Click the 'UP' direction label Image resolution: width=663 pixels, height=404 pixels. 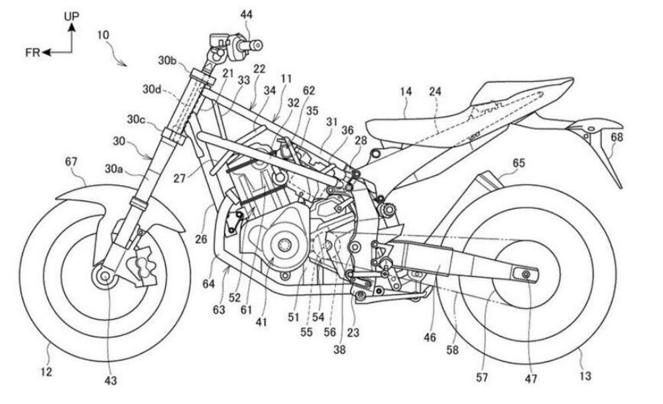[x=72, y=17]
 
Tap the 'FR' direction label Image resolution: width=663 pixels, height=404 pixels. [x=32, y=53]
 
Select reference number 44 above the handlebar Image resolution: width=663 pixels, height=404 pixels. [x=247, y=15]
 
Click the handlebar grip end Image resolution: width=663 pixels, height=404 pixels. [x=256, y=45]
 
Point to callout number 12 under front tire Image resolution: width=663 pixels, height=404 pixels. [x=46, y=372]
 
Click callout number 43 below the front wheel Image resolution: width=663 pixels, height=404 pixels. [x=110, y=381]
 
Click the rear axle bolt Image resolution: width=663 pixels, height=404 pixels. [x=526, y=275]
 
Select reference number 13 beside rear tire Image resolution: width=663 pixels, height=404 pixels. [x=585, y=375]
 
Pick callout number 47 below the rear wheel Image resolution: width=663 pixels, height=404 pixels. [x=530, y=378]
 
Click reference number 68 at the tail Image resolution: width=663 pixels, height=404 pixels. [x=617, y=137]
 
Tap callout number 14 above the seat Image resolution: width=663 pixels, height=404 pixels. [x=406, y=92]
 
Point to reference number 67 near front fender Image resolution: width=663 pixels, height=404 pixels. [x=72, y=162]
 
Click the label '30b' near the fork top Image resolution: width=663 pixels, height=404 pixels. [x=167, y=61]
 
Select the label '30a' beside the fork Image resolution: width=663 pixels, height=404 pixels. [x=114, y=168]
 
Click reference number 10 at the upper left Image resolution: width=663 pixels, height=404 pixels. [x=103, y=34]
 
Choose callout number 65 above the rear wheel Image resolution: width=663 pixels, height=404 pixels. [x=519, y=163]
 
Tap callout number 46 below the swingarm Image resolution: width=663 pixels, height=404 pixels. [x=430, y=338]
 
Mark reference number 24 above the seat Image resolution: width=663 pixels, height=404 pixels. [x=435, y=92]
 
